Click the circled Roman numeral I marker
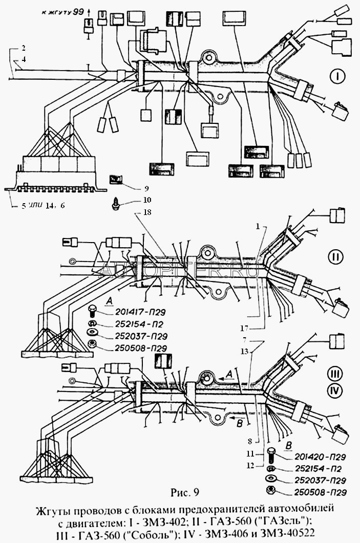coord(337,77)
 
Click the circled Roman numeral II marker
coord(335,257)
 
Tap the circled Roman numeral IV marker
coord(336,392)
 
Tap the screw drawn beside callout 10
coord(116,203)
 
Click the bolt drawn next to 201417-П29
coord(93,311)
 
